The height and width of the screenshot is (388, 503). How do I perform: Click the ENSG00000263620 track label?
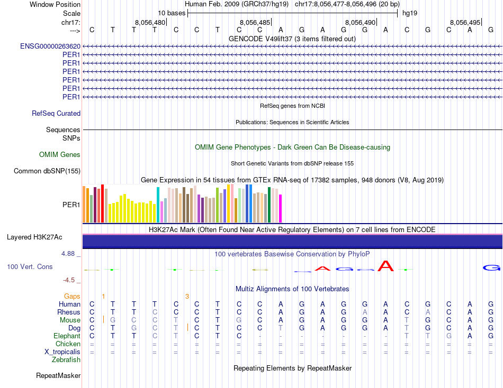[x=50, y=47]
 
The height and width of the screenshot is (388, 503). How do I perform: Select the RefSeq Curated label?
[x=56, y=113]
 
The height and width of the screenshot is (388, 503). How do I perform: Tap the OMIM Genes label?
[x=60, y=155]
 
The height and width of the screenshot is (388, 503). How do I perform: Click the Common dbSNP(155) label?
[x=47, y=171]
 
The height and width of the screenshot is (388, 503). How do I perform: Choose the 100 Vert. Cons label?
[x=30, y=267]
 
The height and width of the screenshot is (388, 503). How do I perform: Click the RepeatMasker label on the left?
[x=58, y=376]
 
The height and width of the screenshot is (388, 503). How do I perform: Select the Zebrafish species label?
[x=66, y=360]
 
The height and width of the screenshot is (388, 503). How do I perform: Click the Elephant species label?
[x=67, y=336]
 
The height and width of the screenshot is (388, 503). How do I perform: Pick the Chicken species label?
[x=68, y=344]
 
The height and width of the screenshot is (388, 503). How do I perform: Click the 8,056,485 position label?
[x=255, y=22]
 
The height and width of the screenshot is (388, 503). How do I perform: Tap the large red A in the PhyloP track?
[x=386, y=266]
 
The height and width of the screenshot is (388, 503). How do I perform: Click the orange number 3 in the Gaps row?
[x=187, y=296]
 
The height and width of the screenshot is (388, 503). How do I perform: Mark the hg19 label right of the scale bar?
[x=409, y=13]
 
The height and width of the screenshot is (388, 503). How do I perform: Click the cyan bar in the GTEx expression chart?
[x=158, y=205]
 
